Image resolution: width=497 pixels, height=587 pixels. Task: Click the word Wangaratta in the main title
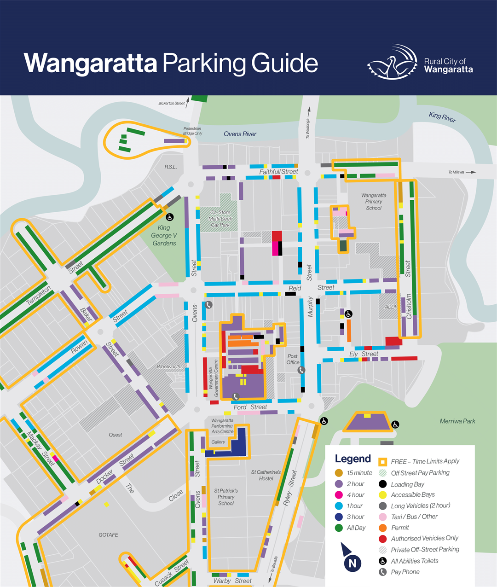coord(90,64)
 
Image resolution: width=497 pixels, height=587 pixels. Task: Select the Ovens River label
coord(240,134)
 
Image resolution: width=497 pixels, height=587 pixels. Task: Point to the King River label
coord(442,117)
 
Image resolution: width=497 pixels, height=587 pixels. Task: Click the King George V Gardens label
coord(164,235)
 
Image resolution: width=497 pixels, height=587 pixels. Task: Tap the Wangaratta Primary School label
coord(374,202)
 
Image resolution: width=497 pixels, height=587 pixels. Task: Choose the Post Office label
coord(293,359)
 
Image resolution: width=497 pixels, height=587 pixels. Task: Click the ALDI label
coord(390,307)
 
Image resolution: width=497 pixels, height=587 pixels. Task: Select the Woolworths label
coord(169,367)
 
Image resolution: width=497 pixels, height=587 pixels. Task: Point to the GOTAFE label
coord(108,535)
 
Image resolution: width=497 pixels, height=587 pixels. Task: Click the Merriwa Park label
coord(457,421)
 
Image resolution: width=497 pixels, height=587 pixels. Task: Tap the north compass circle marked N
coord(353,563)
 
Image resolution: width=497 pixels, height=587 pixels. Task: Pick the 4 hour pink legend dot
coord(339,495)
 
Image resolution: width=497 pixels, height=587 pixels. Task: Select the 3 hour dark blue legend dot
coord(339,517)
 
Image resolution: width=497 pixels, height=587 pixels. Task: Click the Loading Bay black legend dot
coord(382,484)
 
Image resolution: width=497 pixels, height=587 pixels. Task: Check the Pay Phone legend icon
coord(382,572)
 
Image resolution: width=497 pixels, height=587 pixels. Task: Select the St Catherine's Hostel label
coord(266,475)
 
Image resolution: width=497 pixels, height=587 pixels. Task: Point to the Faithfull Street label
coord(278,172)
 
